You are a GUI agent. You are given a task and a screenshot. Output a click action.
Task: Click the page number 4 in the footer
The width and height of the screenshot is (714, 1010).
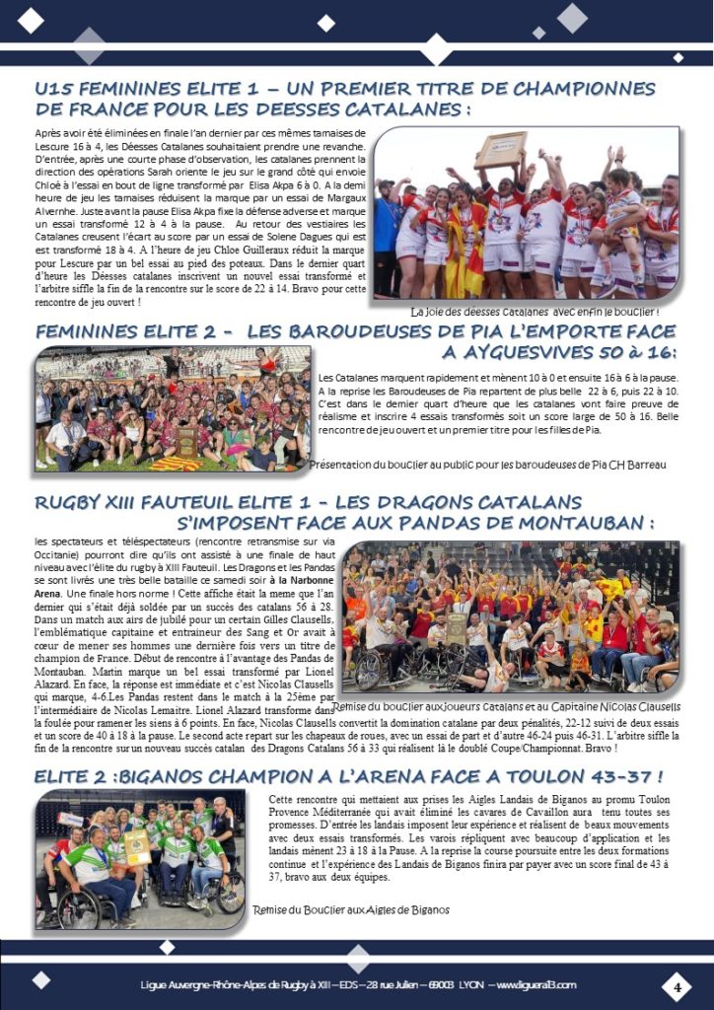pos(678,985)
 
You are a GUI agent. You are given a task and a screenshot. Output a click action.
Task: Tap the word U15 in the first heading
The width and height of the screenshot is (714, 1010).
pos(55,90)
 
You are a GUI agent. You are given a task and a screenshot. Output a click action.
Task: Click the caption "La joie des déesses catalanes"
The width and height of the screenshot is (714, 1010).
pos(535,312)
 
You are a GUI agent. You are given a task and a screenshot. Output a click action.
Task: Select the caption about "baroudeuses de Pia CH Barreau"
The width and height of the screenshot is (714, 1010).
pos(487,464)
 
